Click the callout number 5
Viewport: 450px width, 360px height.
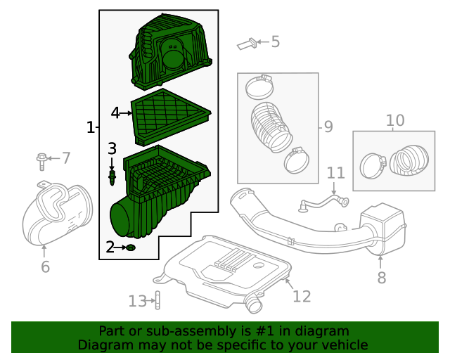[275, 42]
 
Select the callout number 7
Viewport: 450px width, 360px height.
[66, 158]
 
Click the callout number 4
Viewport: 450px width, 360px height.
[116, 112]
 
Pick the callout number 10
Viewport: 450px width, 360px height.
[395, 120]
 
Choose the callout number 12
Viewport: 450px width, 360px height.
[302, 296]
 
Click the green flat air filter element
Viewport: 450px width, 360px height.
[171, 114]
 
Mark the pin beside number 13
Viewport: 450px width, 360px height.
[157, 301]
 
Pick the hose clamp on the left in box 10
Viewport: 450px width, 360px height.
[372, 166]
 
